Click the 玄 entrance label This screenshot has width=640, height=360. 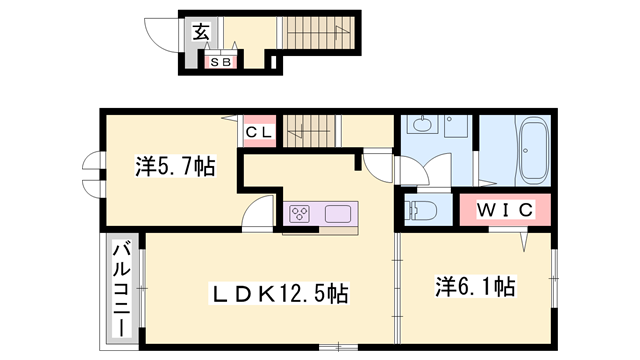pyautogui.click(x=201, y=32)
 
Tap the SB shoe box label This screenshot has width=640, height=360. pyautogui.click(x=220, y=62)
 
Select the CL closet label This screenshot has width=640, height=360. pyautogui.click(x=258, y=131)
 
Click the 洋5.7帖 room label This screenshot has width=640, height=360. pyautogui.click(x=175, y=167)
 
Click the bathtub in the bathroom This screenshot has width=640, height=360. pyautogui.click(x=533, y=148)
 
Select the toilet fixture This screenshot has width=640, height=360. pyautogui.click(x=423, y=211)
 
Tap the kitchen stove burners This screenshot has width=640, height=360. pyautogui.click(x=301, y=212)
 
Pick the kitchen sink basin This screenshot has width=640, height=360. pyautogui.click(x=337, y=213)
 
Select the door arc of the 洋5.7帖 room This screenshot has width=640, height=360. pyautogui.click(x=258, y=210)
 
